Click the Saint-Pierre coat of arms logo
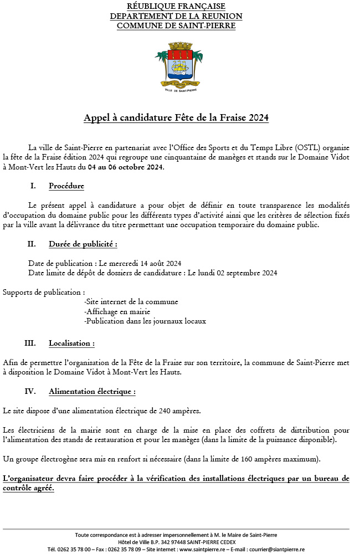176,68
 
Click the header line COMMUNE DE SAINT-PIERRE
176,25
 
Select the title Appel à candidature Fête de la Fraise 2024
176,117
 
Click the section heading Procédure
66,186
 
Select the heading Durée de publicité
83,244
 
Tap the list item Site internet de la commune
131,302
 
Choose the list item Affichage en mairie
117,311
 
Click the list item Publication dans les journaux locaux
145,321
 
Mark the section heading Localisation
71,343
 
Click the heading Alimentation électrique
92,391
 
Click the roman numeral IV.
30,391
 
